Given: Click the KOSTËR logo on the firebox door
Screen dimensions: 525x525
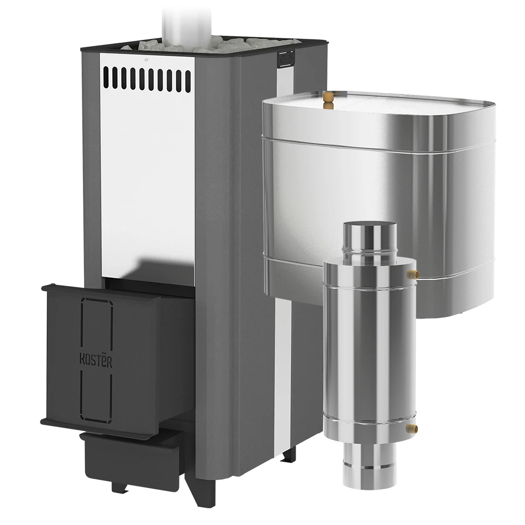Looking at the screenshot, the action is point(96,360).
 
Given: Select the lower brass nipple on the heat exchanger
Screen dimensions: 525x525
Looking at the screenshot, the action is point(413,427).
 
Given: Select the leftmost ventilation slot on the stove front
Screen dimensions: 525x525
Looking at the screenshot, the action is point(106,77).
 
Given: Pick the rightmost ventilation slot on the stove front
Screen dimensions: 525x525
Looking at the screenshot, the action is point(188,80).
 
